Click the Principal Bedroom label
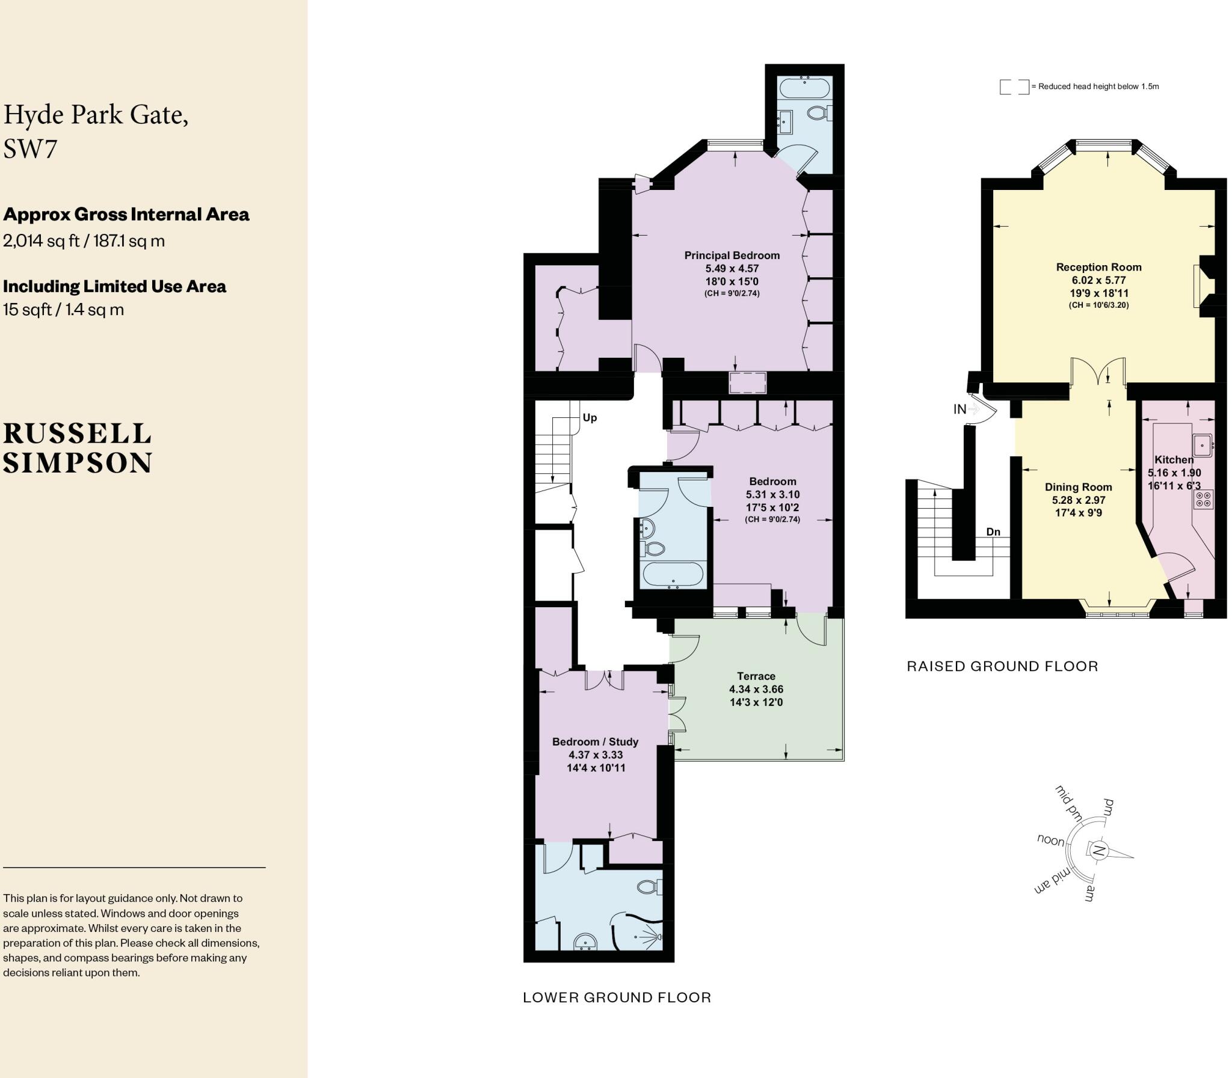point(732,255)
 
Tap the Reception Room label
point(1098,267)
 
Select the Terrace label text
point(756,676)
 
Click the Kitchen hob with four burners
point(1204,499)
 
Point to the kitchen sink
point(1203,445)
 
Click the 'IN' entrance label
point(959,409)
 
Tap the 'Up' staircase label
point(589,417)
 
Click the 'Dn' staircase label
point(993,531)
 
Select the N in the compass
point(1098,851)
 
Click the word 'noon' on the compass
point(1050,840)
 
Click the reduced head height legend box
point(1014,87)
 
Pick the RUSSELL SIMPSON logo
point(77,448)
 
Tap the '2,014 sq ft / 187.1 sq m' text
point(84,240)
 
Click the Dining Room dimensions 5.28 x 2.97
point(1079,500)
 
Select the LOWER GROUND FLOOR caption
point(617,997)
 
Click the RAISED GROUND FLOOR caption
point(1002,666)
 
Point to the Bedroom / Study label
point(595,742)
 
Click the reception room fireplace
point(1200,286)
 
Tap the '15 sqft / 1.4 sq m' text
point(63,310)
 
